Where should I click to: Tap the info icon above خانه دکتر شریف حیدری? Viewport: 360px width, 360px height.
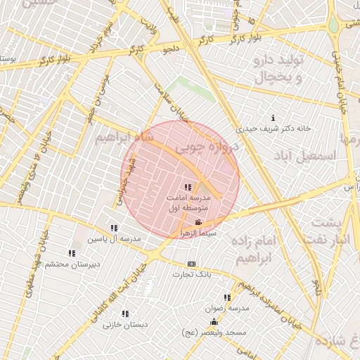274,117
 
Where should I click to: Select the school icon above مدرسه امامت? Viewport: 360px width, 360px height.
187,187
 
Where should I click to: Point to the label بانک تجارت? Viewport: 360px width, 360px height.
195,274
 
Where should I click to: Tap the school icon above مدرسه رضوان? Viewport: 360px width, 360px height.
226,298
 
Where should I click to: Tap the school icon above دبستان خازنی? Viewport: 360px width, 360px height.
125,314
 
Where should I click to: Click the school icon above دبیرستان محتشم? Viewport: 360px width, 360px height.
71,253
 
